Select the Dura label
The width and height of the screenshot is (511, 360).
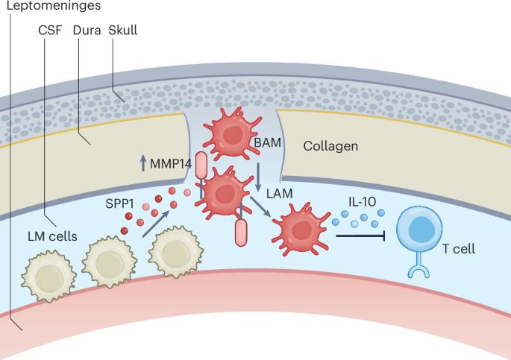(88, 31)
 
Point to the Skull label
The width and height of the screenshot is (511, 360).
(122, 31)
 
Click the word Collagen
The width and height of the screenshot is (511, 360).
(330, 145)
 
